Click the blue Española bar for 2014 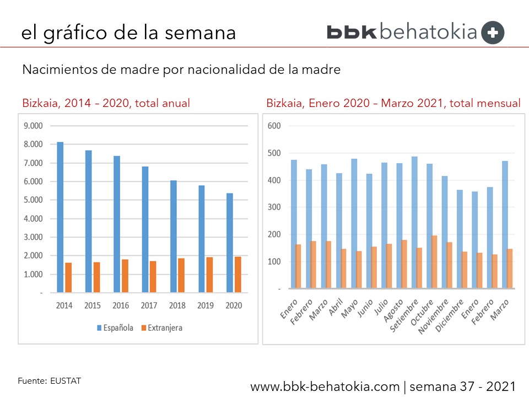pyautogui.click(x=60, y=217)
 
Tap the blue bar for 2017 pyautogui.click(x=145, y=229)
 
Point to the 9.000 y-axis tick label pyautogui.click(x=33, y=126)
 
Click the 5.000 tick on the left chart pyautogui.click(x=33, y=200)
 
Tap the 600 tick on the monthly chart pyautogui.click(x=274, y=126)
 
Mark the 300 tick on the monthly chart pyautogui.click(x=274, y=207)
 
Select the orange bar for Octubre pyautogui.click(x=434, y=262)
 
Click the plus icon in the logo pyautogui.click(x=492, y=33)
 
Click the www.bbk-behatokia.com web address pyautogui.click(x=325, y=387)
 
